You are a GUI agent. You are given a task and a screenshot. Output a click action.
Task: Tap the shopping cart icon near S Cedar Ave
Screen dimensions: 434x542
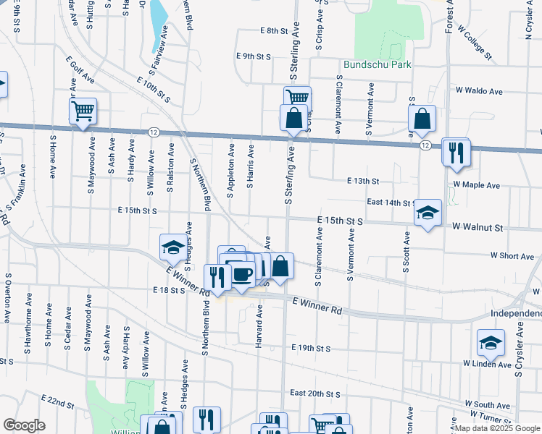point(83,111)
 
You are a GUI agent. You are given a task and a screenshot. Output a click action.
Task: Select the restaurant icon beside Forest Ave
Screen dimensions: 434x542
point(456,152)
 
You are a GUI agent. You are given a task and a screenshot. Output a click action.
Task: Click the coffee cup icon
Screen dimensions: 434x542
point(243,275)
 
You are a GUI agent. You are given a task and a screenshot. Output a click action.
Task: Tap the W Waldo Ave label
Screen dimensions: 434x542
point(479,91)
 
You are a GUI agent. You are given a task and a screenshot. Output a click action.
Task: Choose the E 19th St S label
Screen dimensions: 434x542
point(311,348)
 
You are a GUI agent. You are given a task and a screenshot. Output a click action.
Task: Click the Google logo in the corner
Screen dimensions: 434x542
point(24,425)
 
